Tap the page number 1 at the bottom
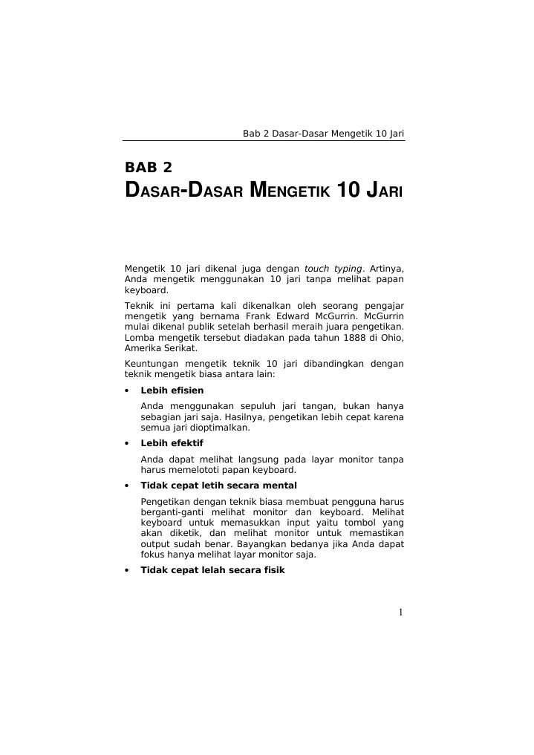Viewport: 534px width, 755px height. (400, 612)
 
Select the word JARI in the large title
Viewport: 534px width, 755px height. (377, 190)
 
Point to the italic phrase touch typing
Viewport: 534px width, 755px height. (333, 268)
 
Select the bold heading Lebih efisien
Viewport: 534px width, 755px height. (172, 390)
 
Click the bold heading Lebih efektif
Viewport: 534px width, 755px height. (172, 443)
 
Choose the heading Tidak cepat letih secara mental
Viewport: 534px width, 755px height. (218, 486)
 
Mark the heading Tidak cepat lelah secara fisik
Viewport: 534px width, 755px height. (212, 571)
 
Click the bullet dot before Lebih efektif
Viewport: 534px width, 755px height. (127, 444)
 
